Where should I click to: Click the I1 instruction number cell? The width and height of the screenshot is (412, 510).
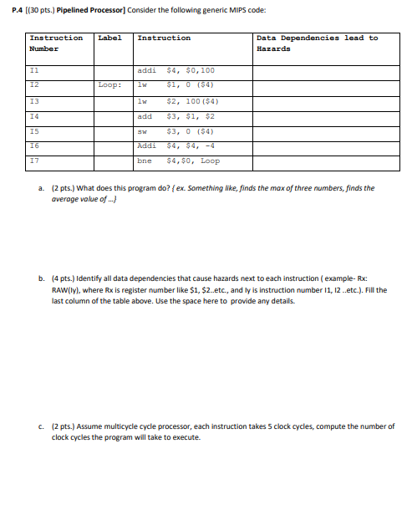click(x=34, y=71)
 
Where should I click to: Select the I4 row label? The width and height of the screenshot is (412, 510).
click(x=34, y=116)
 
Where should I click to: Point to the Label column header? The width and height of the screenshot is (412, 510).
click(x=109, y=38)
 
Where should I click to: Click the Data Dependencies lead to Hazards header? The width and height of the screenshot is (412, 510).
click(x=317, y=43)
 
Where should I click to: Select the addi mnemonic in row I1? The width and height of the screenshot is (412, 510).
click(x=147, y=71)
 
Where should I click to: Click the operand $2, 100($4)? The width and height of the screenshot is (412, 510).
click(x=192, y=100)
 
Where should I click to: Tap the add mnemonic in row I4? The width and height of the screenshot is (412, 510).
click(x=145, y=116)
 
